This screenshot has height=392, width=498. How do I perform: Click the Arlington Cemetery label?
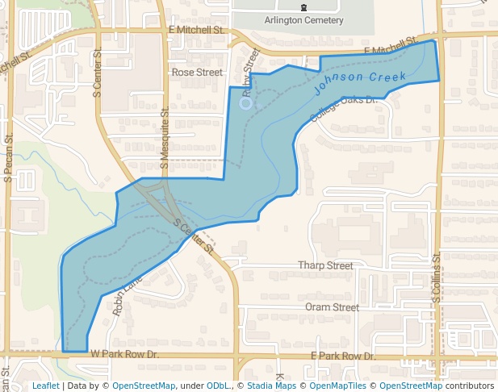point(303,20)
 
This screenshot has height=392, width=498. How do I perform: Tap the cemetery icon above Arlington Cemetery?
point(303,7)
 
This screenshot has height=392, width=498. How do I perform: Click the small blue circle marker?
point(246,103)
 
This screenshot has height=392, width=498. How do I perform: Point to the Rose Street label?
point(197,72)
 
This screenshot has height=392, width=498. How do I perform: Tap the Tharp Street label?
point(325,265)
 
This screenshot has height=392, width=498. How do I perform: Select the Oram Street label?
point(332,307)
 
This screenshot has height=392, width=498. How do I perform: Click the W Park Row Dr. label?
point(124,354)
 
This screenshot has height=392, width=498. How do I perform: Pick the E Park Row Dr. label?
point(343,356)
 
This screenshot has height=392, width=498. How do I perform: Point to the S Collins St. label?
point(436,279)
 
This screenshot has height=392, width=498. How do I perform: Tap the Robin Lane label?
point(128,294)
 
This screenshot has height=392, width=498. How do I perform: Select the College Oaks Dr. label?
point(344,110)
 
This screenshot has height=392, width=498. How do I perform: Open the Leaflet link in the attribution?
point(45,386)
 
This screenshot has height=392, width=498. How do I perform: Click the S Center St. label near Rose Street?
point(98,77)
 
